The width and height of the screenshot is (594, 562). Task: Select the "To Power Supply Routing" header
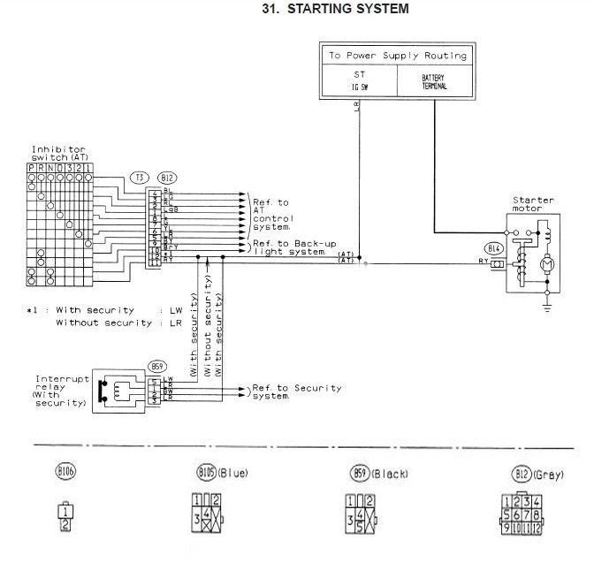396,56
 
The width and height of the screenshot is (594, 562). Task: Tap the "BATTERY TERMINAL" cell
434,82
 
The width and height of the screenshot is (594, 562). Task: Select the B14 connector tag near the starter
493,248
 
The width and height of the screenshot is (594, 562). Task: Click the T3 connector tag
139,178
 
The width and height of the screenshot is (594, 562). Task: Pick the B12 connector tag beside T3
164,178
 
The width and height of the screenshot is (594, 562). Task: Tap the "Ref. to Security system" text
296,391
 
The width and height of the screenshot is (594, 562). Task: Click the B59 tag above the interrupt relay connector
159,366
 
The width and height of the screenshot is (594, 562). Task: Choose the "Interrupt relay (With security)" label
57,391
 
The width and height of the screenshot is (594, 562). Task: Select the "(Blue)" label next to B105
232,474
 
